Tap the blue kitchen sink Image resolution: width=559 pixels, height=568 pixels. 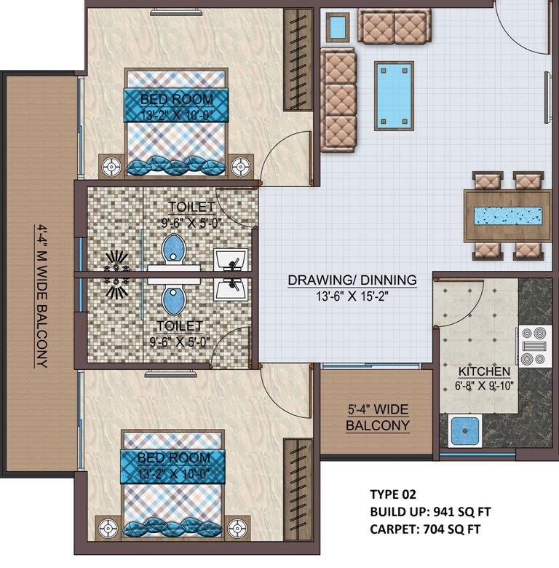[x=463, y=431]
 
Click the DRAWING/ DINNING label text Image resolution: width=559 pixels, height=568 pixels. [x=352, y=280]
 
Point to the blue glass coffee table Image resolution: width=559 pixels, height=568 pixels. [x=391, y=95]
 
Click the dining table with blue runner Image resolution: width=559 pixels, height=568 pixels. [x=507, y=216]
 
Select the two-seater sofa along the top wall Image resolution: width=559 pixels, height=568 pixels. [x=394, y=27]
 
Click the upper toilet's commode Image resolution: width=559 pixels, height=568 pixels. [x=173, y=248]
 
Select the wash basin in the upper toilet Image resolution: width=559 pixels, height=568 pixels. [x=230, y=259]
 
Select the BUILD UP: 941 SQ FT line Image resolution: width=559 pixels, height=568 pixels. [x=425, y=512]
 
